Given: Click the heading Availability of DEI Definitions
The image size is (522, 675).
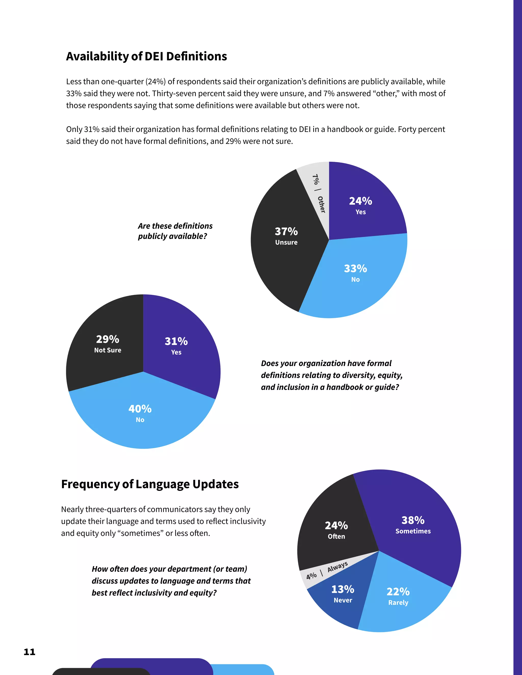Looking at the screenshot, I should point(146,57).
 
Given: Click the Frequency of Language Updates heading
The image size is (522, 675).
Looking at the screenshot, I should point(150,484).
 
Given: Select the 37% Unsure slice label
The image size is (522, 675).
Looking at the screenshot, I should point(286,236).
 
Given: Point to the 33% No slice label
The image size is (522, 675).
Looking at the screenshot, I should point(355,273).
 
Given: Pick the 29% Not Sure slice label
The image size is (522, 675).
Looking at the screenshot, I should point(108,343).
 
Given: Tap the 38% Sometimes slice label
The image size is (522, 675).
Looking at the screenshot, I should point(413,524).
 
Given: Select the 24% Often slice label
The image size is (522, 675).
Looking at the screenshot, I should point(336,530).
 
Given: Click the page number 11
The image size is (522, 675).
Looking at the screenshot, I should point(30,652).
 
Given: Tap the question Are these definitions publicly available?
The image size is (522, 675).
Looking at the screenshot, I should point(175,231).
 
